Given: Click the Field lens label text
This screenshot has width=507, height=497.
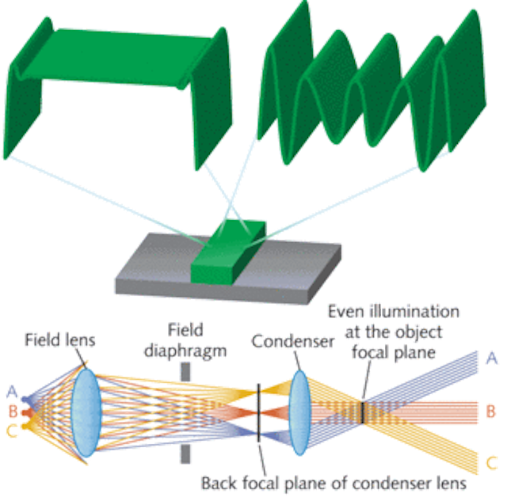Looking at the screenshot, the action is pyautogui.click(x=60, y=340).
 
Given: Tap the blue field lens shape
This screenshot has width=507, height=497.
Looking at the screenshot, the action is pyautogui.click(x=86, y=413).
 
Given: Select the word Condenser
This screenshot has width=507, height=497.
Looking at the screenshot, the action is pyautogui.click(x=293, y=341).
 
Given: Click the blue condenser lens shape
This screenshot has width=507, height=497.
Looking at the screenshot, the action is pyautogui.click(x=299, y=412).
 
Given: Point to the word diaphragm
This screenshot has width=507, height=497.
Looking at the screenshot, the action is pyautogui.click(x=185, y=351).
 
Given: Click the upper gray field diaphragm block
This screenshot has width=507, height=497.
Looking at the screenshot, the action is pyautogui.click(x=185, y=372).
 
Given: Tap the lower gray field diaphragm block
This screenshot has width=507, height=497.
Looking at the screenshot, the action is pyautogui.click(x=185, y=454).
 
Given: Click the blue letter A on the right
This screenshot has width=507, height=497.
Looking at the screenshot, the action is pyautogui.click(x=491, y=359).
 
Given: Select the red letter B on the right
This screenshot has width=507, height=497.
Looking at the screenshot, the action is pyautogui.click(x=491, y=412).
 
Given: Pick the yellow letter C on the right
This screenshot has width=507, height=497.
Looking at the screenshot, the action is pyautogui.click(x=491, y=463).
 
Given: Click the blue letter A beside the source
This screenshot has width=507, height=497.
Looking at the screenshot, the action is pyautogui.click(x=12, y=392).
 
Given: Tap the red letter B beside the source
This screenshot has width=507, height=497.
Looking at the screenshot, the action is pyautogui.click(x=13, y=412).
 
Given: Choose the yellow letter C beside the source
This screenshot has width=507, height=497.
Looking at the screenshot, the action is pyautogui.click(x=12, y=431).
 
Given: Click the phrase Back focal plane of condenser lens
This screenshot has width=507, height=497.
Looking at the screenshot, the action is pyautogui.click(x=334, y=484).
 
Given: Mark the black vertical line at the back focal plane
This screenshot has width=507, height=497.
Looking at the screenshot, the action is pyautogui.click(x=259, y=412).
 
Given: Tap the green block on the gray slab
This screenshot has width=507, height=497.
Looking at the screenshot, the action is pyautogui.click(x=228, y=252).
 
